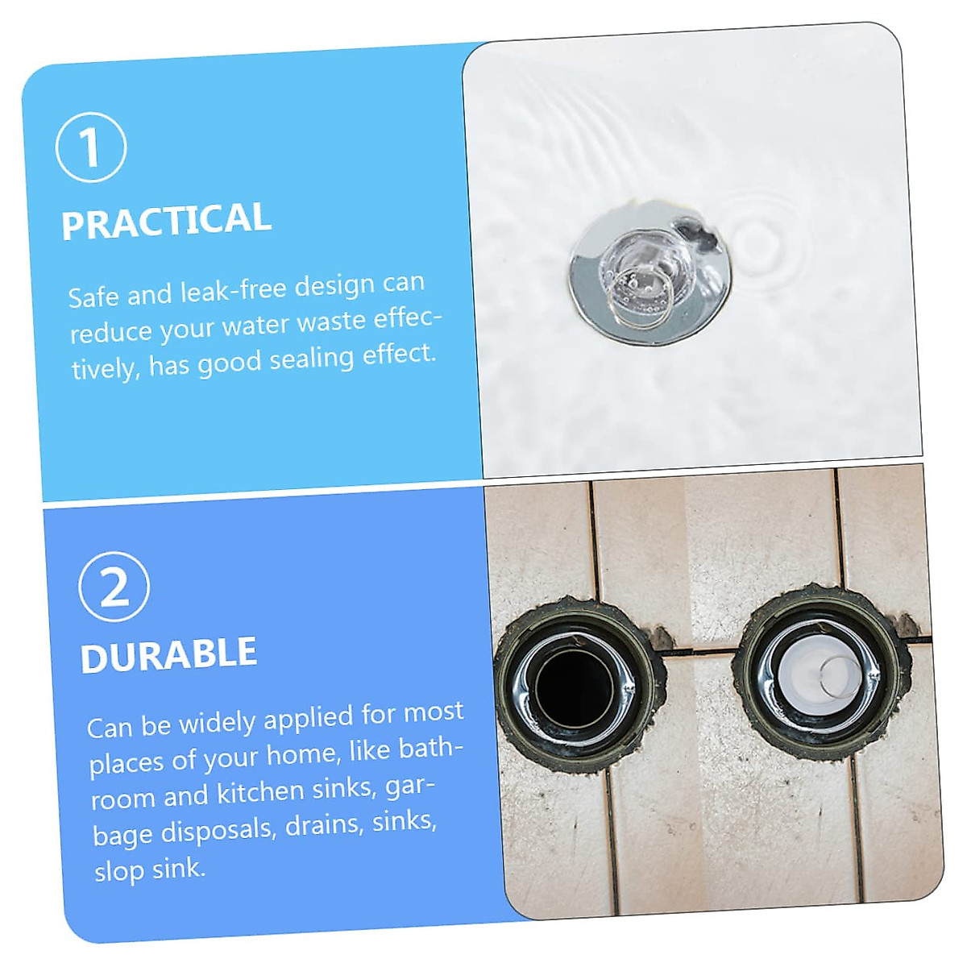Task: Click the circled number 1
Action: [91, 147]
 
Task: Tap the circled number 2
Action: [114, 587]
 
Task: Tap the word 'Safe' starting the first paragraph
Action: [93, 297]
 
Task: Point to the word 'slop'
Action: [120, 871]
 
